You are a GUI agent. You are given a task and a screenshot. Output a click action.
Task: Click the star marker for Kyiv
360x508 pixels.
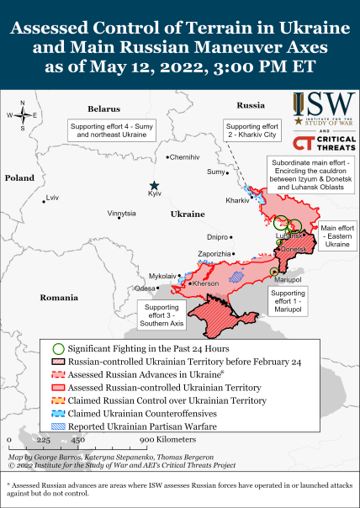coord(154,186)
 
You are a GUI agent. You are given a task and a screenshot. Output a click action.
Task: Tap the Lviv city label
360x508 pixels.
coord(54,198)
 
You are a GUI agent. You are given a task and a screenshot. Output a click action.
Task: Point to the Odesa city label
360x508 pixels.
coord(146,288)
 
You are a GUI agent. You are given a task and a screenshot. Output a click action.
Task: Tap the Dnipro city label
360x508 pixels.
coord(217,237)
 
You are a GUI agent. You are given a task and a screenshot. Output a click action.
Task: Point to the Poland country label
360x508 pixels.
coord(19,177)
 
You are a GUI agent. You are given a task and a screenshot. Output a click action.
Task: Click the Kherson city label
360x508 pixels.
coord(207,283)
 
